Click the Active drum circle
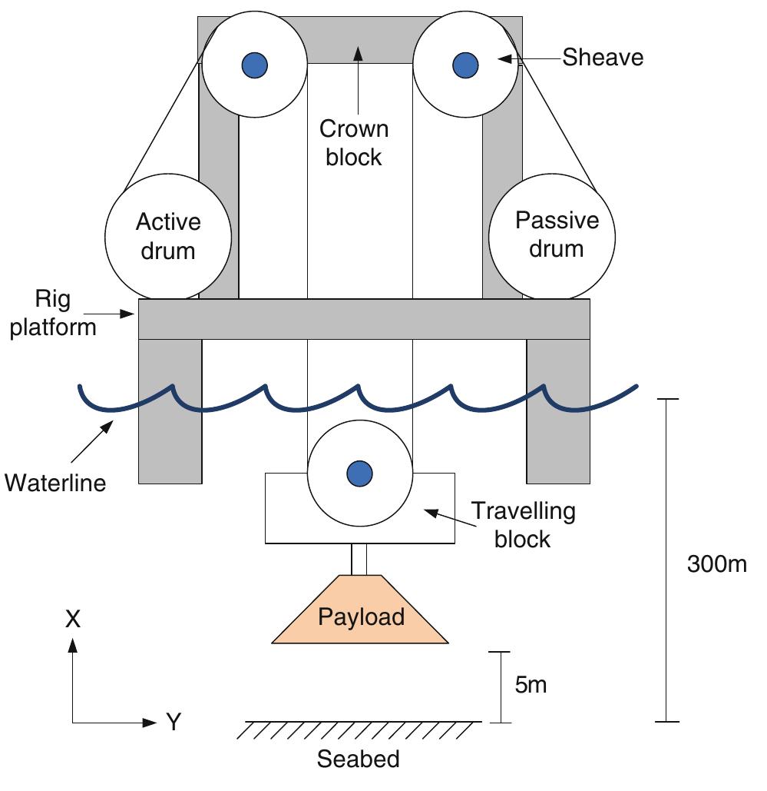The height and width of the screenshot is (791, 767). (168, 237)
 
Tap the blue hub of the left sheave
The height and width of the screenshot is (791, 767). (255, 64)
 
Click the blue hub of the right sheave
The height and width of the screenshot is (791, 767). (464, 64)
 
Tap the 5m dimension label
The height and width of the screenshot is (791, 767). (531, 685)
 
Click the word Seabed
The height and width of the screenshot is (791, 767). (359, 760)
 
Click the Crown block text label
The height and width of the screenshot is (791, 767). (354, 143)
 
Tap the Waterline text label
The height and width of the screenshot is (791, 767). (55, 484)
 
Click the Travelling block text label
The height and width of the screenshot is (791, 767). (523, 524)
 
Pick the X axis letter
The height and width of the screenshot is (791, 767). (73, 620)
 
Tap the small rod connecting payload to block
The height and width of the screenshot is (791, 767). (359, 558)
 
